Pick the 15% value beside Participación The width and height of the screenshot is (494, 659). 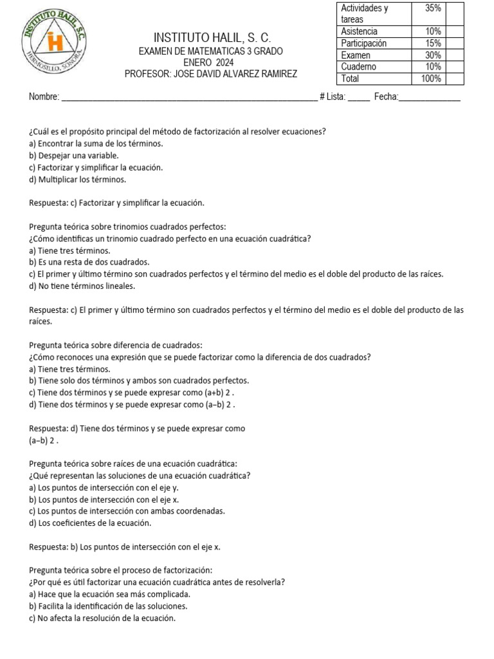click(x=432, y=43)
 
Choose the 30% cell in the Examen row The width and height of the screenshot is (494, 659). click(x=432, y=55)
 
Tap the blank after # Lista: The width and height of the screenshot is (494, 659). click(x=359, y=97)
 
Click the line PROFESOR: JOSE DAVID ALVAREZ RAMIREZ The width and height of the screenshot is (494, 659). click(x=211, y=75)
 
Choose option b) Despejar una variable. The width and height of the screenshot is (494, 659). click(x=74, y=156)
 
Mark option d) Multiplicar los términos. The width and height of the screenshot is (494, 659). click(x=78, y=180)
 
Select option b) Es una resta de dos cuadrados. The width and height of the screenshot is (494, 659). click(x=89, y=263)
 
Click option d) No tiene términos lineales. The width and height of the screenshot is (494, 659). click(x=82, y=286)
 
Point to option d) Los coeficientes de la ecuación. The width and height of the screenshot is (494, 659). click(x=90, y=523)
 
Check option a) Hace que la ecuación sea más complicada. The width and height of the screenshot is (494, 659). click(x=110, y=594)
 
